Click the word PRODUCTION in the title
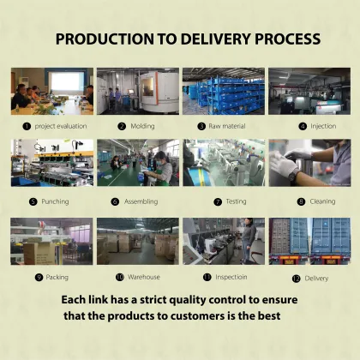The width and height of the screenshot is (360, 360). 101,39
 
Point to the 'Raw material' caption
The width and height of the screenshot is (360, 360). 228,126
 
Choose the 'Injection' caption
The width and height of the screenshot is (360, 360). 323,126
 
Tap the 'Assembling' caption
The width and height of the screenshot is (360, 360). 143,201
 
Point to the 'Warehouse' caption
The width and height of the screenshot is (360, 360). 143,277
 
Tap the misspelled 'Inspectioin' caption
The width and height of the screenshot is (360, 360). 231,277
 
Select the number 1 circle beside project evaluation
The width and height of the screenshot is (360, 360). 27,126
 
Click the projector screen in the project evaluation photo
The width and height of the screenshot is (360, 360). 66,83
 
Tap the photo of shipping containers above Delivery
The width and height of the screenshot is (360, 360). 309,241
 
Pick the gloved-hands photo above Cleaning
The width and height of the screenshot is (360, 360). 309,163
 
